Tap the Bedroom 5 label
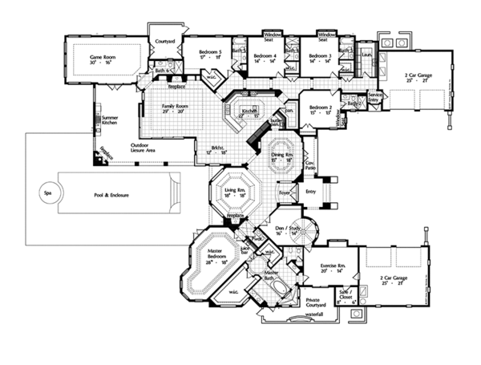(211, 54)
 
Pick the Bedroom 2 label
(321, 108)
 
